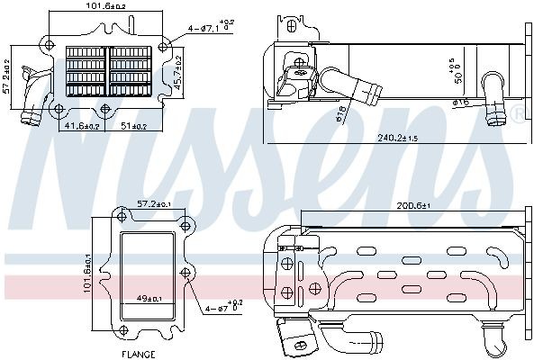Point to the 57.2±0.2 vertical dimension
tap(8, 76)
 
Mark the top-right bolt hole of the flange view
tap(186, 225)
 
